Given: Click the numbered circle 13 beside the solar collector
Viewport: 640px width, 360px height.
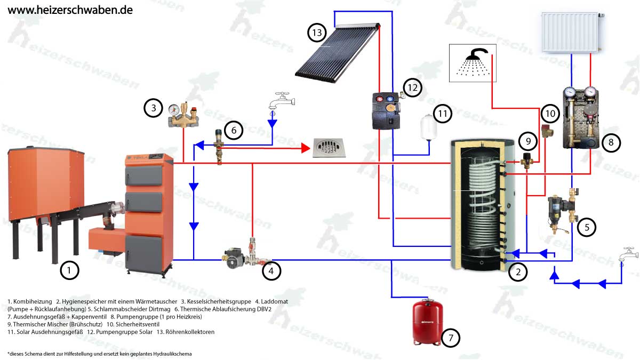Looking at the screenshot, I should [x=316, y=33].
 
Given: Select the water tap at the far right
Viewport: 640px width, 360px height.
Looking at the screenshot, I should [x=627, y=255].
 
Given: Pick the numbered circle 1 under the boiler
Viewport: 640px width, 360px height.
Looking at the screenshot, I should [x=69, y=270].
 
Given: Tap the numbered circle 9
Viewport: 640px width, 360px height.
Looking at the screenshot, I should [x=527, y=141].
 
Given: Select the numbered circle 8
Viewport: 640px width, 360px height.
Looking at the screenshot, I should [x=611, y=142].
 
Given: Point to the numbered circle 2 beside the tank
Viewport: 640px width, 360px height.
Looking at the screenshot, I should [x=517, y=272].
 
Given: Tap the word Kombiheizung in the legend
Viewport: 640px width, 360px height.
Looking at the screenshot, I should [x=33, y=301].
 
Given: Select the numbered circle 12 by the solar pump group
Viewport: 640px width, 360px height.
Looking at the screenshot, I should [x=411, y=86].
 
